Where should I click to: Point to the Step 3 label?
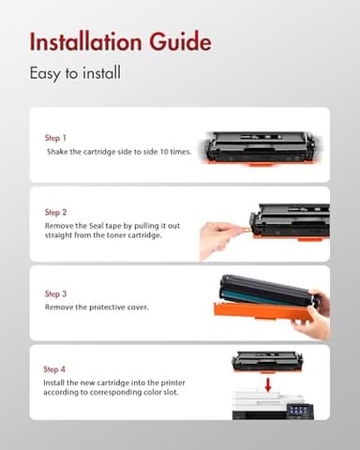[x=56, y=292]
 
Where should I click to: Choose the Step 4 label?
[x=56, y=370]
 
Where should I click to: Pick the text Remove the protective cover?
[x=99, y=307]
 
